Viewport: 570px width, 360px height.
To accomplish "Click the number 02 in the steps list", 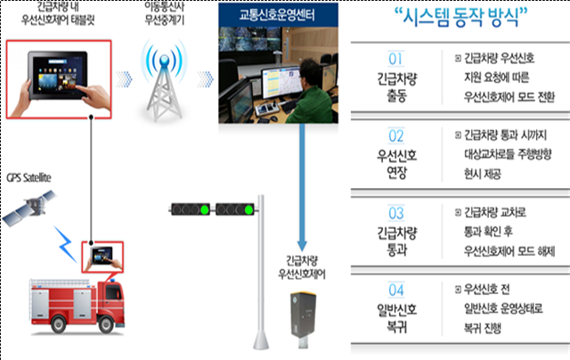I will click(397, 136).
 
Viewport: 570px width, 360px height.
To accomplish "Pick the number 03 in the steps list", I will click(397, 214).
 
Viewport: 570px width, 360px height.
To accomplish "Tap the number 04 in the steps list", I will click(397, 290).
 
